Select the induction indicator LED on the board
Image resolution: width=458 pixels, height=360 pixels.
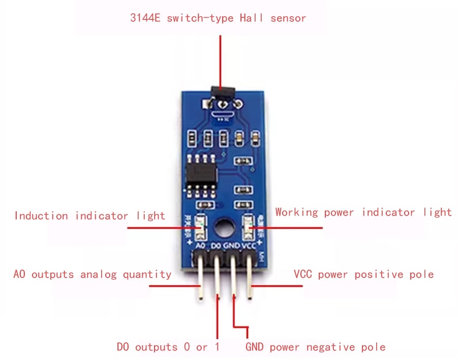pyautogui.click(x=201, y=226)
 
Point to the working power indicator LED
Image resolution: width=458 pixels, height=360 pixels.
pyautogui.click(x=249, y=226)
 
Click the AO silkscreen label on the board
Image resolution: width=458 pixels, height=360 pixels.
pyautogui.click(x=201, y=246)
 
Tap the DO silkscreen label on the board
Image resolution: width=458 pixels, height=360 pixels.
pyautogui.click(x=217, y=246)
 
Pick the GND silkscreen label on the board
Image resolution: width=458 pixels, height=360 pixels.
pyautogui.click(x=232, y=246)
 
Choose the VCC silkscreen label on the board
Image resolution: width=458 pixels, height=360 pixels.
pyautogui.click(x=249, y=246)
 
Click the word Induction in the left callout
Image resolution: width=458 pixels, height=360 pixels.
pyautogui.click(x=41, y=216)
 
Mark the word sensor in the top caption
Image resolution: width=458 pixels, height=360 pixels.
pyautogui.click(x=288, y=18)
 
